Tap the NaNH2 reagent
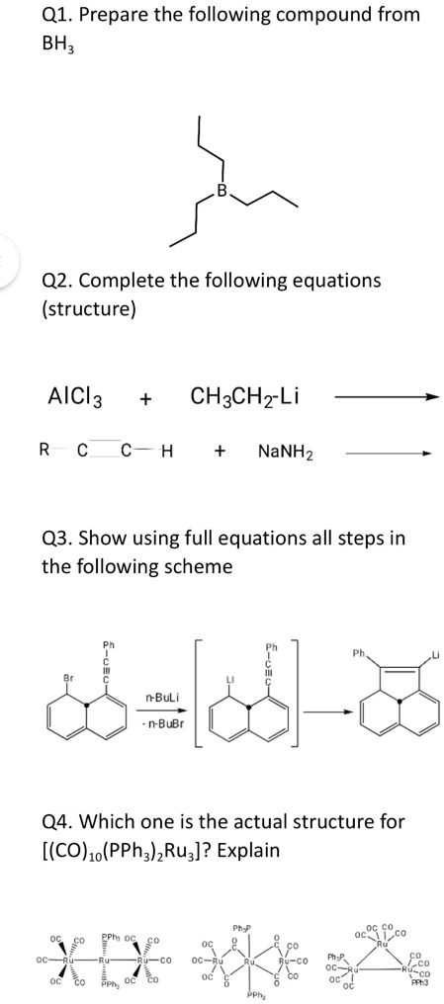(285, 452)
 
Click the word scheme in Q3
(202, 567)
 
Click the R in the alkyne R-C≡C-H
(44, 452)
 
